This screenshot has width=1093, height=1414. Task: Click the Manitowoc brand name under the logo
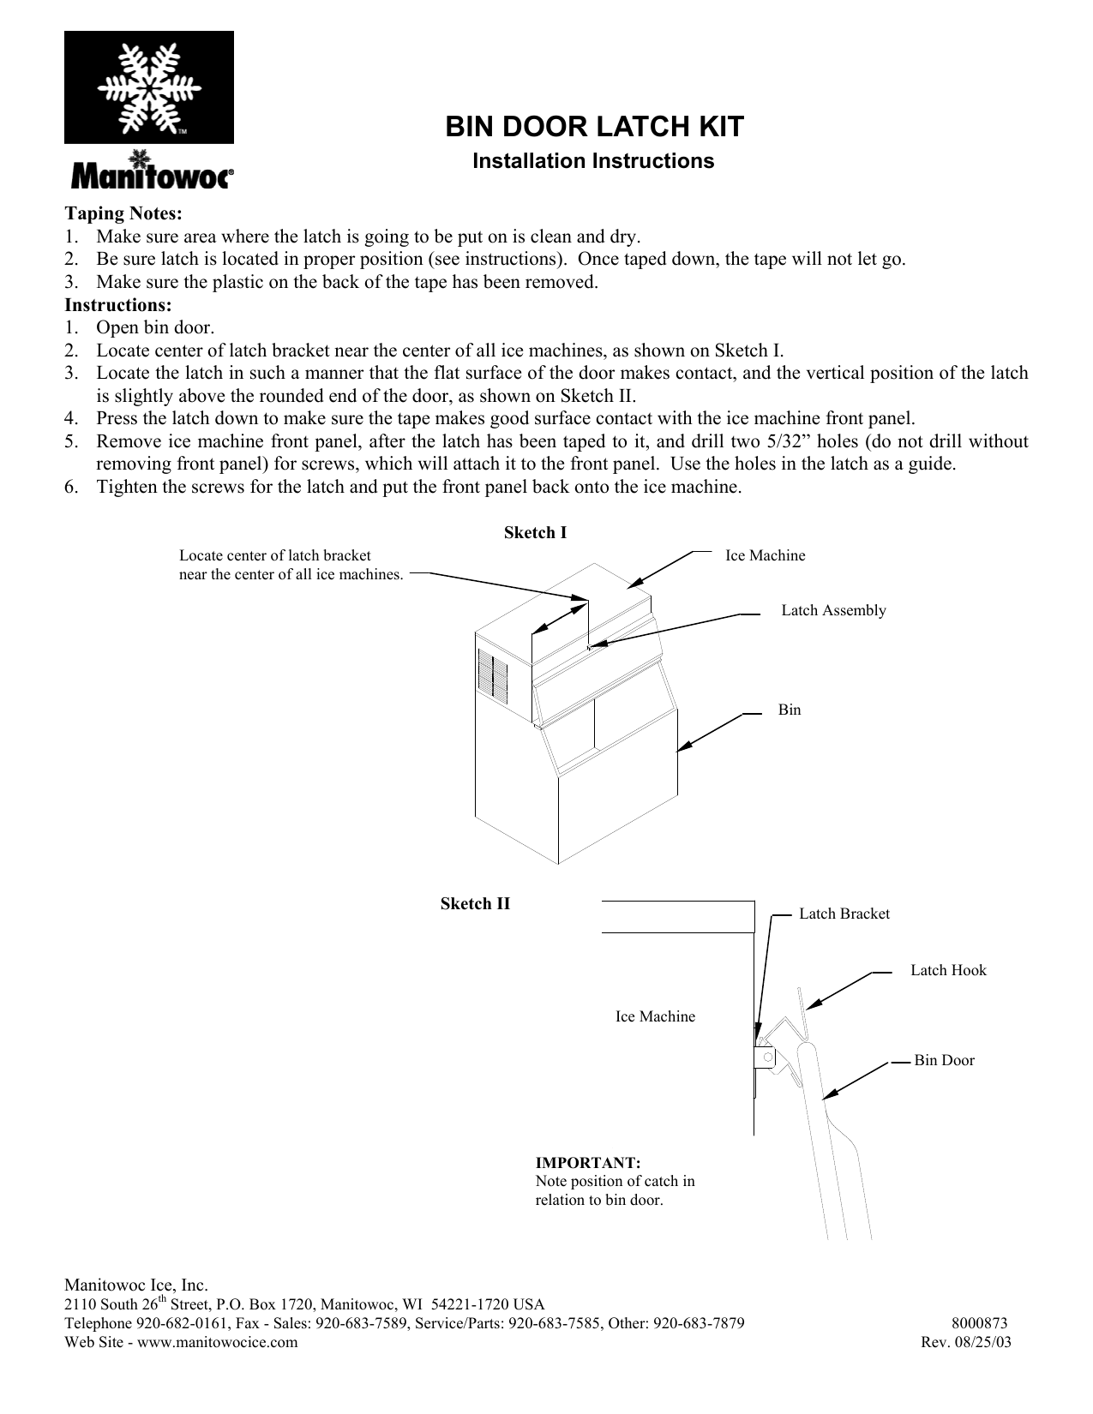pos(150,176)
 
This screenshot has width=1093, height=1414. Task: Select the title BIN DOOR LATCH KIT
pos(594,127)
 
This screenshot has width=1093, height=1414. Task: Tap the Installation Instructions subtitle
pos(593,161)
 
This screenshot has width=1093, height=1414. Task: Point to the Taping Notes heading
pos(123,213)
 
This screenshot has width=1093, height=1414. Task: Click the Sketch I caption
pos(535,532)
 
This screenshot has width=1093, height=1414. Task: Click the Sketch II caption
pos(475,903)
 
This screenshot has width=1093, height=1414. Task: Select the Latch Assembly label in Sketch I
pos(833,610)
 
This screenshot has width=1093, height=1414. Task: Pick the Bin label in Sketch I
pos(790,710)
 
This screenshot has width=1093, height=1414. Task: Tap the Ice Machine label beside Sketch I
pos(766,555)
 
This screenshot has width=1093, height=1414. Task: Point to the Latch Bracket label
pos(844,914)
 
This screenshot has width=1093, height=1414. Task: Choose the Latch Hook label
pos(948,970)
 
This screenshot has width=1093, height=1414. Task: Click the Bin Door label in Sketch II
pos(944,1060)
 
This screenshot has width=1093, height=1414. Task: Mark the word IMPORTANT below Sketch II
pos(588,1163)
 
